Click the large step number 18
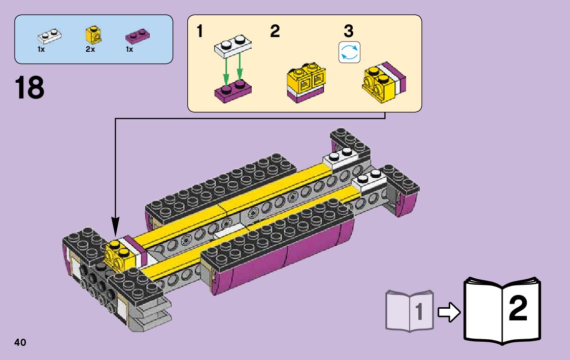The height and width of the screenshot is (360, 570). click(x=29, y=88)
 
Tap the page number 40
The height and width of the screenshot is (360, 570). click(x=20, y=342)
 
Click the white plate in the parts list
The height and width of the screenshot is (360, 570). click(x=49, y=36)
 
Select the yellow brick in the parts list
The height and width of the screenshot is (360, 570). click(x=92, y=35)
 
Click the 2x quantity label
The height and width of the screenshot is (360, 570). click(x=90, y=50)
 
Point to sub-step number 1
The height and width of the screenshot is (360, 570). click(x=200, y=31)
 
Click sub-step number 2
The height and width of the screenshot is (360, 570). click(x=275, y=31)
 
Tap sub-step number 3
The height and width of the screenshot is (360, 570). click(x=348, y=31)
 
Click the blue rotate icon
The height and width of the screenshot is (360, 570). click(x=349, y=53)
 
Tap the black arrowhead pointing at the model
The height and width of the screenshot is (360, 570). click(x=116, y=226)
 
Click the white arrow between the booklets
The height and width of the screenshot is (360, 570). click(x=448, y=312)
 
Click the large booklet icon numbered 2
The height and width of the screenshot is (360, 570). click(x=502, y=309)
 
